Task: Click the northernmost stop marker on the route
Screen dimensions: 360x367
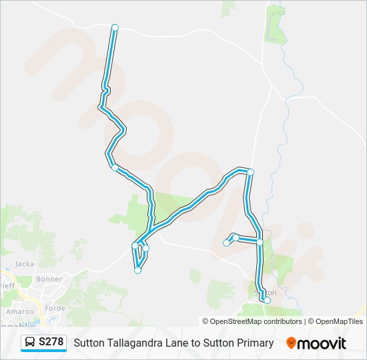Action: click(x=115, y=27)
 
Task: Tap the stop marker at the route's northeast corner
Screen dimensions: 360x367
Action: click(x=251, y=172)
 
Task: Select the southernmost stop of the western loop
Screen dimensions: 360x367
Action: click(x=138, y=270)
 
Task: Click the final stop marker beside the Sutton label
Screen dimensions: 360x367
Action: click(x=267, y=300)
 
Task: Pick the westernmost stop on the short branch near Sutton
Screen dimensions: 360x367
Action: click(x=226, y=243)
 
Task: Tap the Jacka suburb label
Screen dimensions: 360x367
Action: click(x=24, y=263)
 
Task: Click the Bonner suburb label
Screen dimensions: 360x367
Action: click(x=49, y=279)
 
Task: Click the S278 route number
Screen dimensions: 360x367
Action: click(x=51, y=343)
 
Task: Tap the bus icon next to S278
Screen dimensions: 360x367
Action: click(x=30, y=343)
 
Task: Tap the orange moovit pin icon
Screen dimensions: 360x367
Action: click(x=291, y=343)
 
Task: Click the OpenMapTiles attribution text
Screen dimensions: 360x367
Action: click(x=337, y=321)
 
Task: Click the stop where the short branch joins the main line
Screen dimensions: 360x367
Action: click(x=260, y=242)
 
